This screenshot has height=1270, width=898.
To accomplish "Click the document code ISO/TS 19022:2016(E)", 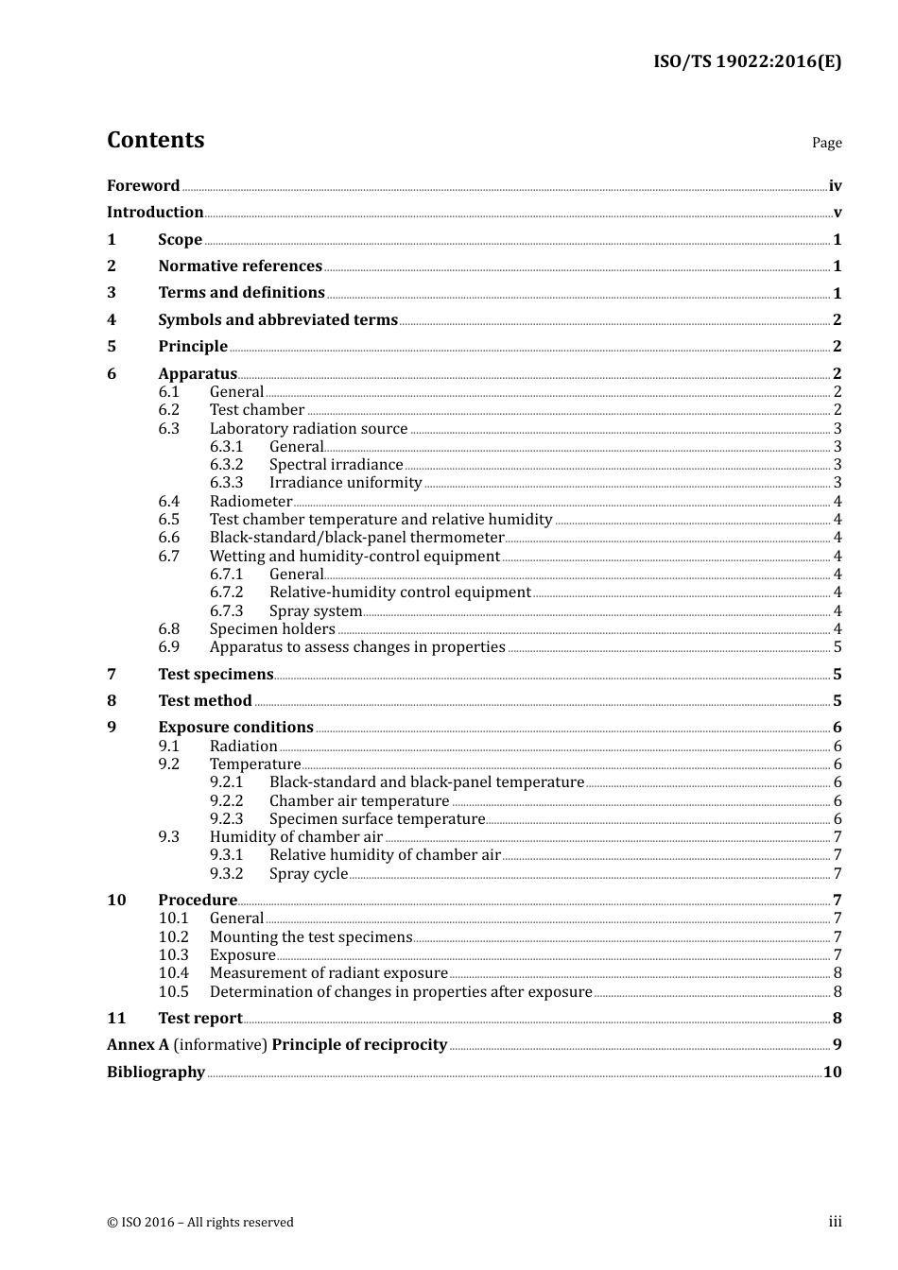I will coord(747,62).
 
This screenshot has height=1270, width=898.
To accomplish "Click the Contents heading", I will coord(155,140).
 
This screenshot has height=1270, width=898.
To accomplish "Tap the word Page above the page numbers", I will coord(826,143).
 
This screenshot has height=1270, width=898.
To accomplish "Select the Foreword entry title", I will coord(143,186).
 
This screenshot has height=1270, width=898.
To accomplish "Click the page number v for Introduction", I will coord(837,213).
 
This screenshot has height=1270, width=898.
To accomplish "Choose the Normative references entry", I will coord(240,266).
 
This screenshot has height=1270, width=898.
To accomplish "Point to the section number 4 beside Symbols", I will coord(112,320).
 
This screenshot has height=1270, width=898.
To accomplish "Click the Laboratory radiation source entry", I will coord(308,429).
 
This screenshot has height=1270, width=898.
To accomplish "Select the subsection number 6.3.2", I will coord(226,465).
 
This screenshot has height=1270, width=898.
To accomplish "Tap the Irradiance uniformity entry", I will coord(345,483).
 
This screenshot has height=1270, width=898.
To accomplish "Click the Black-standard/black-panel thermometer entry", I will coord(356,538).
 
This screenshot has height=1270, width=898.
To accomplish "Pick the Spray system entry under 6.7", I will coord(315,611).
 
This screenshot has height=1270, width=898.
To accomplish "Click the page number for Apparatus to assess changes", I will coord(838,647).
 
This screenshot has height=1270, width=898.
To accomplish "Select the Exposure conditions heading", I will coord(235,728).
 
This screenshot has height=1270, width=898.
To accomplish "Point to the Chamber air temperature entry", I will coord(358,801).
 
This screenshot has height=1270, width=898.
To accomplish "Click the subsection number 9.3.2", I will coord(226,874).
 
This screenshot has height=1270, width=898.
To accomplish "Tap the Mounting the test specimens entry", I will coord(310,937).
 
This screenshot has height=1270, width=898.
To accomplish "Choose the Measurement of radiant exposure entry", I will coord(328,973).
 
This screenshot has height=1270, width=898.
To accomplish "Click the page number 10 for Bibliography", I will coord(832,1073).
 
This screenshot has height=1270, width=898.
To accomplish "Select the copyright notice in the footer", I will coord(200,1223).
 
